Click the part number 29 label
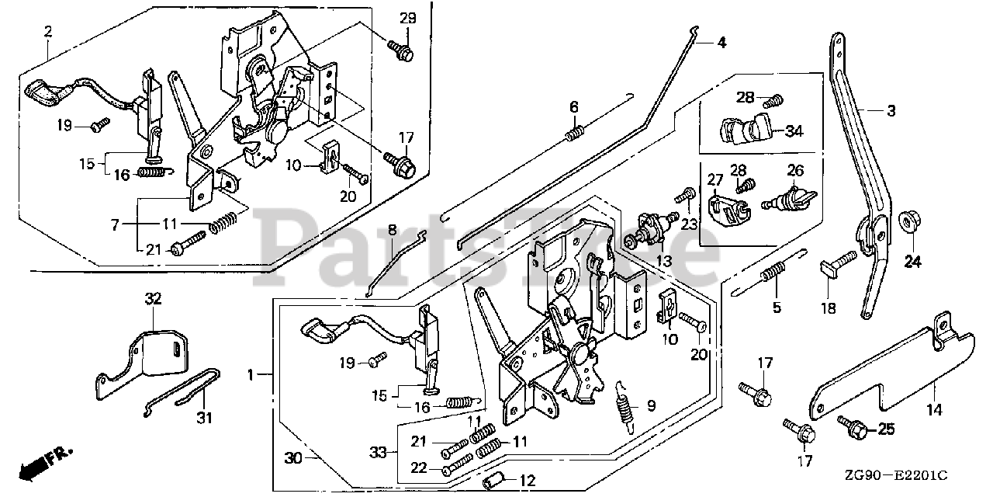(408, 18)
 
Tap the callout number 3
(891, 112)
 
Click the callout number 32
(152, 297)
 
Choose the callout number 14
(933, 409)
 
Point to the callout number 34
(793, 131)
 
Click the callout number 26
(795, 170)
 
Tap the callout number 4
(721, 43)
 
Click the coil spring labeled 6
(574, 134)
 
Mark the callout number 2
(48, 32)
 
